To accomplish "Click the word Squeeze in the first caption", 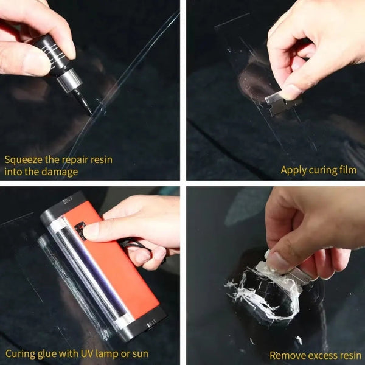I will (23, 160).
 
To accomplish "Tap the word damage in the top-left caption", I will (61, 172).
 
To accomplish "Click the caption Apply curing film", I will (318, 170).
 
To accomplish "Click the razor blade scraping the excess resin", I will (289, 268).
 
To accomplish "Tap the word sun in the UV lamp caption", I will (139, 353).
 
